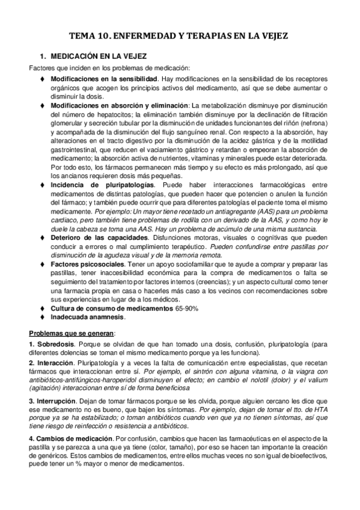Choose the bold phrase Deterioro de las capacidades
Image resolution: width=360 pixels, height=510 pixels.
[96, 238]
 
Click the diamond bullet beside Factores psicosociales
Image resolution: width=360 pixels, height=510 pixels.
[43, 264]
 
